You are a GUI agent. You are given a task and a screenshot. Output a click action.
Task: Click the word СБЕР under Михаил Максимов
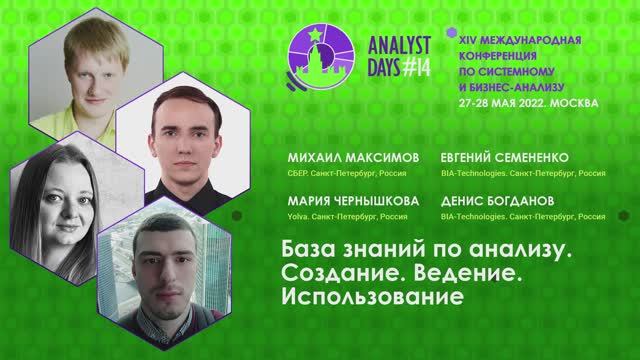[x=297, y=173]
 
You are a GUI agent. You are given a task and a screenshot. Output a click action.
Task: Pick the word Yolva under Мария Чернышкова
[x=297, y=214]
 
